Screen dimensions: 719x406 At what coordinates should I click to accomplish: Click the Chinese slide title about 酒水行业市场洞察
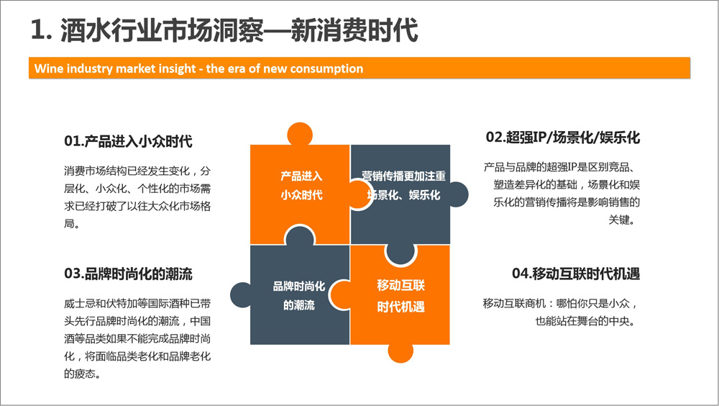pyautogui.click(x=224, y=30)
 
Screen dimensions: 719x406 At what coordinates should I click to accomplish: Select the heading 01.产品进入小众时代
pyautogui.click(x=128, y=141)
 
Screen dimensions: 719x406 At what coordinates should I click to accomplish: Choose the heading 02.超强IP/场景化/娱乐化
pyautogui.click(x=563, y=137)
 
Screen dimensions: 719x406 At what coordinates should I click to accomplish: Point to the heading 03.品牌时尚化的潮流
pyautogui.click(x=128, y=274)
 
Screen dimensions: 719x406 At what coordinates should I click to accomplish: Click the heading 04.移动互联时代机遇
pyautogui.click(x=575, y=274)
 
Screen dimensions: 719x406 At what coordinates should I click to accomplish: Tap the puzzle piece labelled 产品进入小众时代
pyautogui.click(x=301, y=193)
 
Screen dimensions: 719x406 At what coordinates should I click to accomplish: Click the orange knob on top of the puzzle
pyautogui.click(x=300, y=134)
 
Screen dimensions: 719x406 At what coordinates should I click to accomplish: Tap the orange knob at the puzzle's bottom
pyautogui.click(x=400, y=353)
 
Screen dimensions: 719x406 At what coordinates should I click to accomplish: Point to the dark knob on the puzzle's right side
pyautogui.click(x=459, y=194)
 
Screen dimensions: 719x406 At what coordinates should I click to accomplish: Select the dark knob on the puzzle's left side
pyautogui.click(x=240, y=294)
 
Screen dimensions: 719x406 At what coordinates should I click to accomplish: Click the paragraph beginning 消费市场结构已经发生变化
pyautogui.click(x=137, y=197)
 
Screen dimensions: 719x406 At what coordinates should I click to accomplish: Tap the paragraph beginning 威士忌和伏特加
pyautogui.click(x=137, y=338)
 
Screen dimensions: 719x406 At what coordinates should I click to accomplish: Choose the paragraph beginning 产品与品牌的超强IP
pyautogui.click(x=562, y=194)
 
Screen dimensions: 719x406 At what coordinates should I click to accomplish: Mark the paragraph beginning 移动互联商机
pyautogui.click(x=560, y=312)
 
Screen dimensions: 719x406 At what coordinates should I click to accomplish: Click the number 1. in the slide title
pyautogui.click(x=41, y=31)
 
